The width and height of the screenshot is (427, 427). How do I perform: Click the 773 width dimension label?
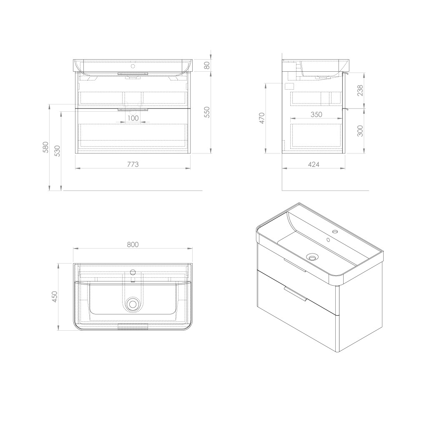pos(133,164)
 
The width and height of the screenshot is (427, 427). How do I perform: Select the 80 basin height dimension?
pos(207,65)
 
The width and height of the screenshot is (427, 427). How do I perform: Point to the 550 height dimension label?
pos(207,112)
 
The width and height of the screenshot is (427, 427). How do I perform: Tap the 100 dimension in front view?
pos(133,118)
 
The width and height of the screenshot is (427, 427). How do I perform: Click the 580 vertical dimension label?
pos(45,147)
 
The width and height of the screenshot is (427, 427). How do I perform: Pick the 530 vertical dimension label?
pos(58,151)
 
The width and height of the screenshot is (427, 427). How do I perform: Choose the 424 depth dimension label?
pos(314,164)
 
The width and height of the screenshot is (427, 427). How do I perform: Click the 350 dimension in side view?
pos(316,114)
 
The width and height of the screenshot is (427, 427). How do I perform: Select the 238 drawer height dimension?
pos(360,90)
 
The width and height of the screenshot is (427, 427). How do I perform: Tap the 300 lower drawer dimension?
pos(360,131)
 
